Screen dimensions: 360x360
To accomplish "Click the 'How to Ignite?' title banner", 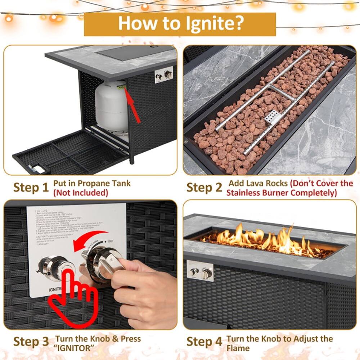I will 180,24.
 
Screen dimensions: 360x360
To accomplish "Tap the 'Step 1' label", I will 31,188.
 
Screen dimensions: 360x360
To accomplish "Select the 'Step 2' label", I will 204,188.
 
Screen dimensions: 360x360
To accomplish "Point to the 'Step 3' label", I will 31,341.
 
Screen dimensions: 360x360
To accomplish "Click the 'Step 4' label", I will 204,341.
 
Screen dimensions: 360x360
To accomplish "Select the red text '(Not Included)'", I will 81,193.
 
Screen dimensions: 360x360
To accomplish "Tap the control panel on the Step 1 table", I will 164,75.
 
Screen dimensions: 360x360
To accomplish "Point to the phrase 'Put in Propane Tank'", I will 92,183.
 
